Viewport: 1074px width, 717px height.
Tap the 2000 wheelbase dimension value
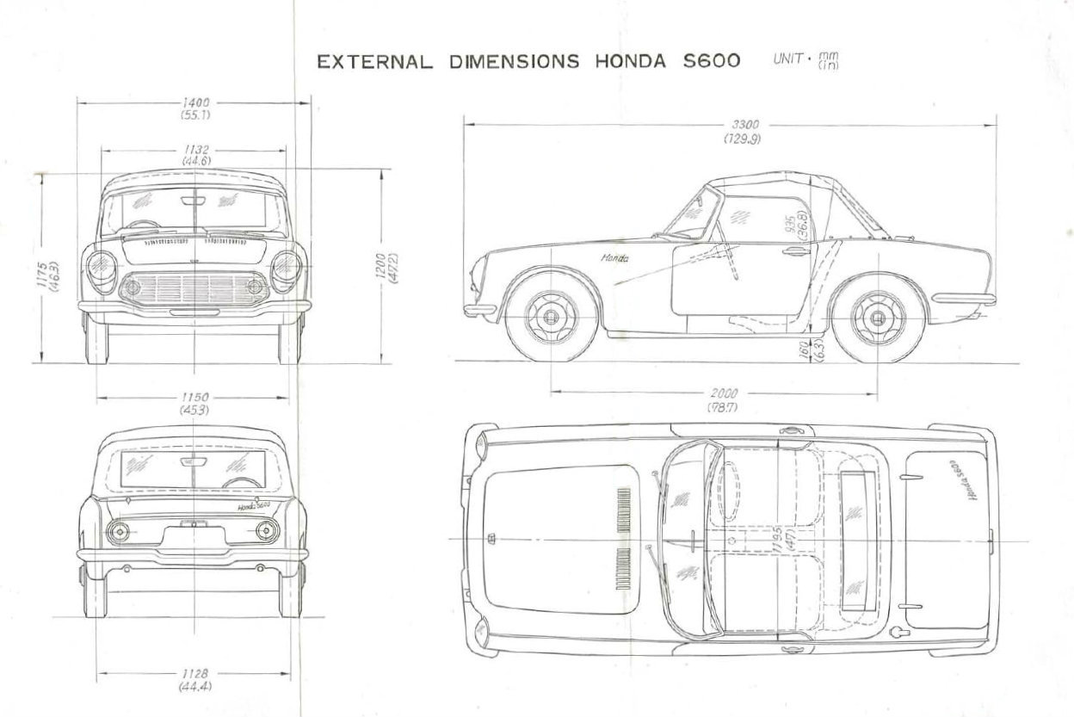725,393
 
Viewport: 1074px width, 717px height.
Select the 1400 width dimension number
196,102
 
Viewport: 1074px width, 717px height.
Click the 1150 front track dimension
196,398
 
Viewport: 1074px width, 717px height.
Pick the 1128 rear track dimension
196,674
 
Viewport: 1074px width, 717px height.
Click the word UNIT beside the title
787,59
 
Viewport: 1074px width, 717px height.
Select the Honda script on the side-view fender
614,257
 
